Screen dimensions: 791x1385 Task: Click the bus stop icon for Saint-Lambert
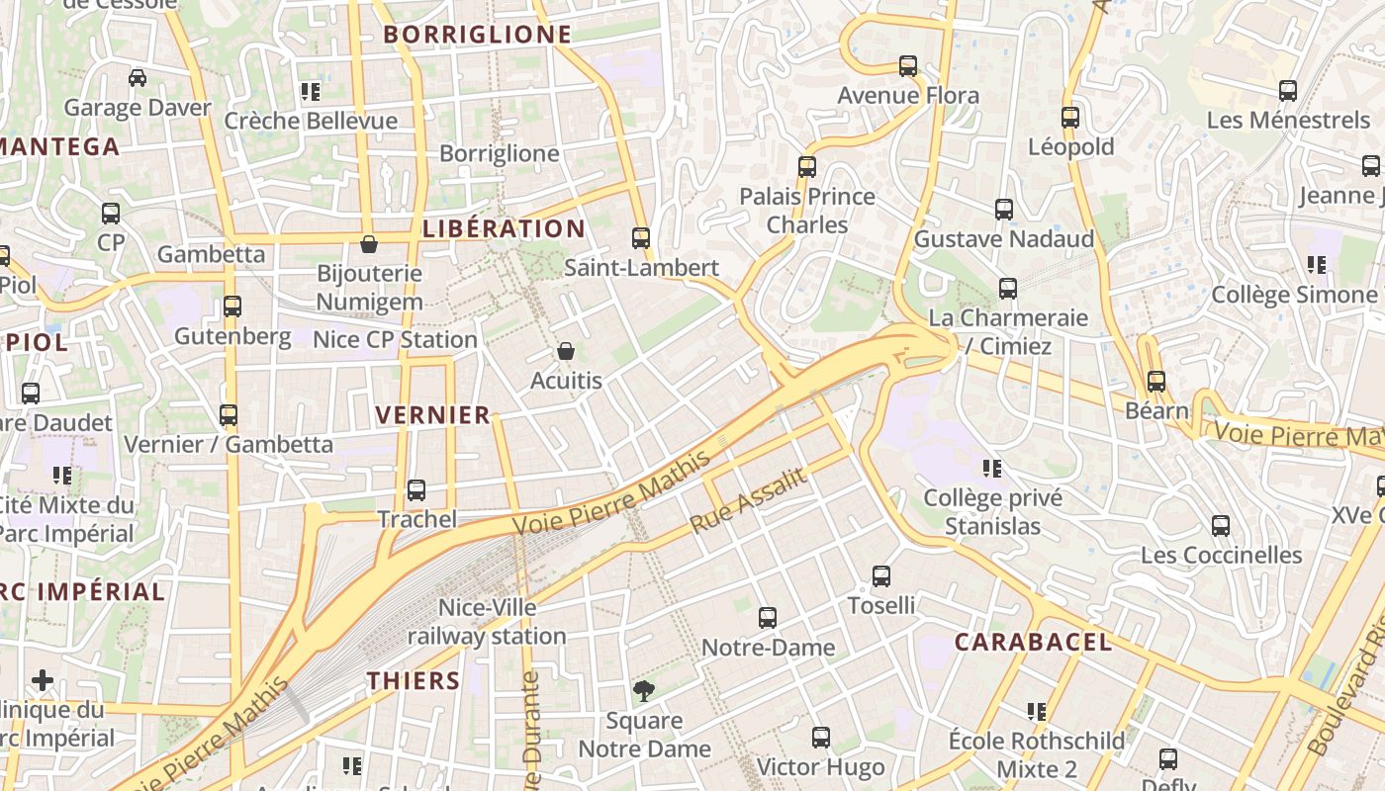(641, 237)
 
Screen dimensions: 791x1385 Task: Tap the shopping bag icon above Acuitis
(566, 351)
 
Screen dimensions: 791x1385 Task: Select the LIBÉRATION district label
(504, 228)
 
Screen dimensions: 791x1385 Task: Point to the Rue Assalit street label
(749, 500)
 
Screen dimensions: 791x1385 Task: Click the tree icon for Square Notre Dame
(644, 690)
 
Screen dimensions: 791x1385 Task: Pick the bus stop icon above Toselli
(881, 575)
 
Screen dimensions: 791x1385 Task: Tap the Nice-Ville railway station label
(487, 621)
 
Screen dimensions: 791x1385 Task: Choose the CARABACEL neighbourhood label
(1033, 642)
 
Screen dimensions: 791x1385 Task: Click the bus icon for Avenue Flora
(908, 66)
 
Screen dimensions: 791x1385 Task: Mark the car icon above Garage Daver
(138, 78)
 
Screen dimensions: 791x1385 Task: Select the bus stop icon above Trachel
(416, 489)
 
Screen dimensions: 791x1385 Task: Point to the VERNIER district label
(433, 415)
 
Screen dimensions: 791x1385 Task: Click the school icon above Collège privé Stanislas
(992, 468)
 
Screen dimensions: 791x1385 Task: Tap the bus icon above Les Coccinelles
(1221, 525)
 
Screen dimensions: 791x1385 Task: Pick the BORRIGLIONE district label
(478, 35)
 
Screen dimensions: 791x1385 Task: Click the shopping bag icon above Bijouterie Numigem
(369, 243)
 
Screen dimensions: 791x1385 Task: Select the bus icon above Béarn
(1156, 381)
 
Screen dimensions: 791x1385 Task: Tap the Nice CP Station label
(395, 340)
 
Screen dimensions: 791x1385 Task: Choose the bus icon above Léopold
(1070, 117)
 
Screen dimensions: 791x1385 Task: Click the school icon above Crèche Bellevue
(311, 92)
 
